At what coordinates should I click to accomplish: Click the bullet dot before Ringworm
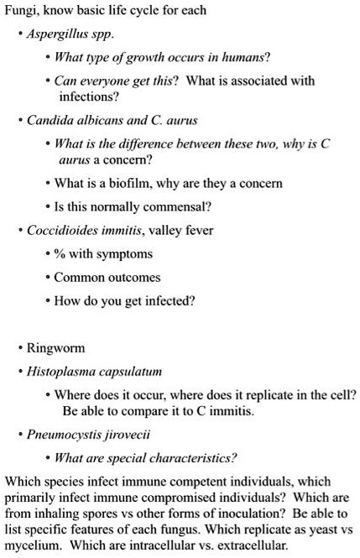point(18,347)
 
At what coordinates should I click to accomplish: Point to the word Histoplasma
point(61,370)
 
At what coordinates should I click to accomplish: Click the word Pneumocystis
point(65,435)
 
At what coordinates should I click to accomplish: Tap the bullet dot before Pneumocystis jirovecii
point(18,435)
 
